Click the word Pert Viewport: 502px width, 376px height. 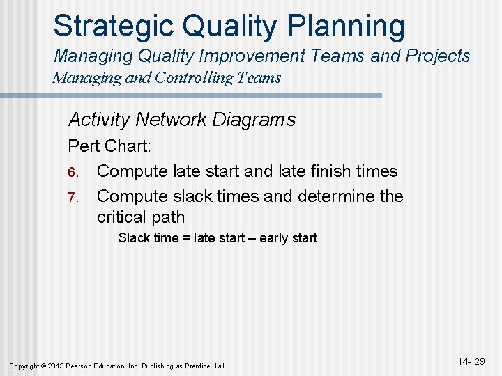[84, 148]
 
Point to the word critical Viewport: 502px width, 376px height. [122, 217]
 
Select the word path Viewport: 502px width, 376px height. [168, 217]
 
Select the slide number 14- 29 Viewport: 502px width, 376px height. [471, 361]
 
